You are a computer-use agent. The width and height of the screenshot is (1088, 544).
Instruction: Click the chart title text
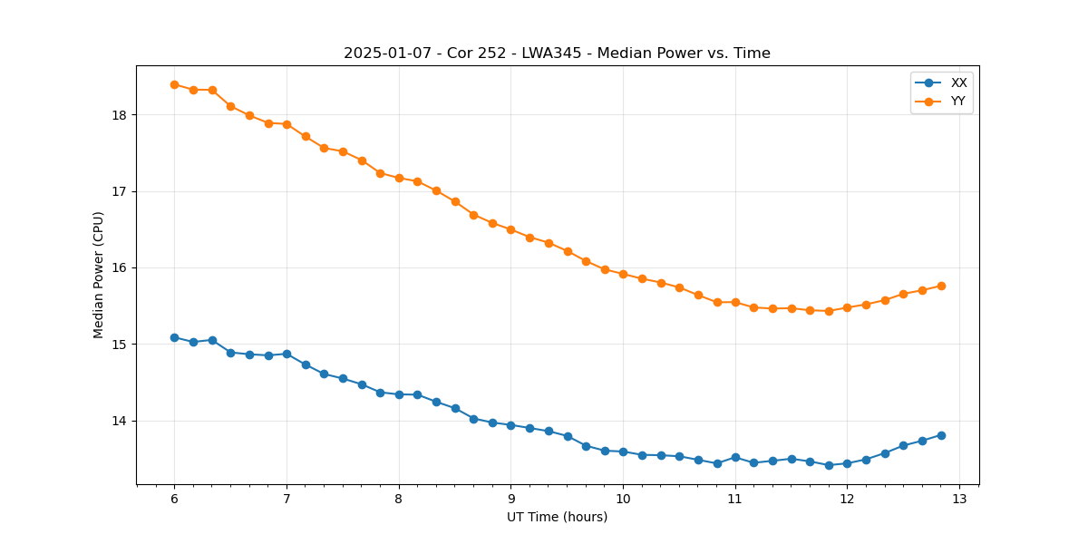click(557, 53)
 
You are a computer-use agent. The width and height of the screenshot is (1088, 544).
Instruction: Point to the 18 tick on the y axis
click(119, 115)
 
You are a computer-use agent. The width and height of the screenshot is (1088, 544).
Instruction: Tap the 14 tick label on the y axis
click(119, 421)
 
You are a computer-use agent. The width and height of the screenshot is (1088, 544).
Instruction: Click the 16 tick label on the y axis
click(119, 268)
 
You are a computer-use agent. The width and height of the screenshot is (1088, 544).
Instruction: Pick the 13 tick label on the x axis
click(959, 499)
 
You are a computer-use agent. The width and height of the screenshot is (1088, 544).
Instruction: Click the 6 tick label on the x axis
click(174, 499)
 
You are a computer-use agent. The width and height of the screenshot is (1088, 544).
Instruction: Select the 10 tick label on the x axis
click(623, 499)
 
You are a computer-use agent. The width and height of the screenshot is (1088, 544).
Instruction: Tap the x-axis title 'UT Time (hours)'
click(557, 517)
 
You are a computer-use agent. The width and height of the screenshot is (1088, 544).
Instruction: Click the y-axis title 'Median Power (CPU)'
click(99, 275)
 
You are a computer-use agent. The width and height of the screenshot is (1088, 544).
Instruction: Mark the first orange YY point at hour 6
click(174, 84)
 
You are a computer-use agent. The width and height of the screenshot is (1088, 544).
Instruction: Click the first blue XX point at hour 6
click(174, 337)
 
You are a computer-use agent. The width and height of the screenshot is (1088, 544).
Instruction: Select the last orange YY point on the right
click(941, 286)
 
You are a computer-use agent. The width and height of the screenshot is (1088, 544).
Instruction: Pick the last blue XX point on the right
click(941, 435)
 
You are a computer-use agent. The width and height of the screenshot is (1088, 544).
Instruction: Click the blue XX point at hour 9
click(510, 425)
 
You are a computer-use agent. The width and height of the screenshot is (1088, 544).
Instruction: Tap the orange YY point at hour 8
click(399, 178)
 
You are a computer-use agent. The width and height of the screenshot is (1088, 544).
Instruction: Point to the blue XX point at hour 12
click(847, 463)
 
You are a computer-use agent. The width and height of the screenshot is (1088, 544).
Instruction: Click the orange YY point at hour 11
click(735, 302)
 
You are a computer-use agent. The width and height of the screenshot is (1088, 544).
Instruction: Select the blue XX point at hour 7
click(287, 354)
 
